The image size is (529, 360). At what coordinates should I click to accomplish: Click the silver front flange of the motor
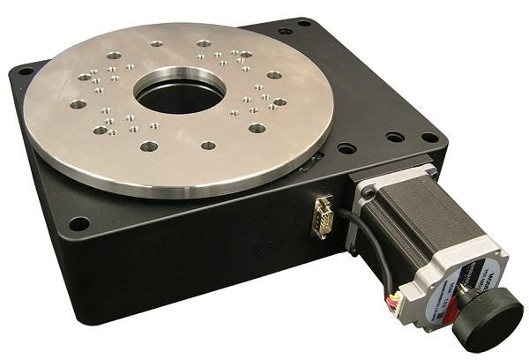(x=379, y=203)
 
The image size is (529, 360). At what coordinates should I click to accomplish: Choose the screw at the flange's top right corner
(x=429, y=168)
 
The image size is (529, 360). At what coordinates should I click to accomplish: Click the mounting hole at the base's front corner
(x=79, y=224)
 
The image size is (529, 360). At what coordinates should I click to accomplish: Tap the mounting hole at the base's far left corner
(x=26, y=71)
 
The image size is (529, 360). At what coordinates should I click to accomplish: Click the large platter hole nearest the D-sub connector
(x=257, y=128)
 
